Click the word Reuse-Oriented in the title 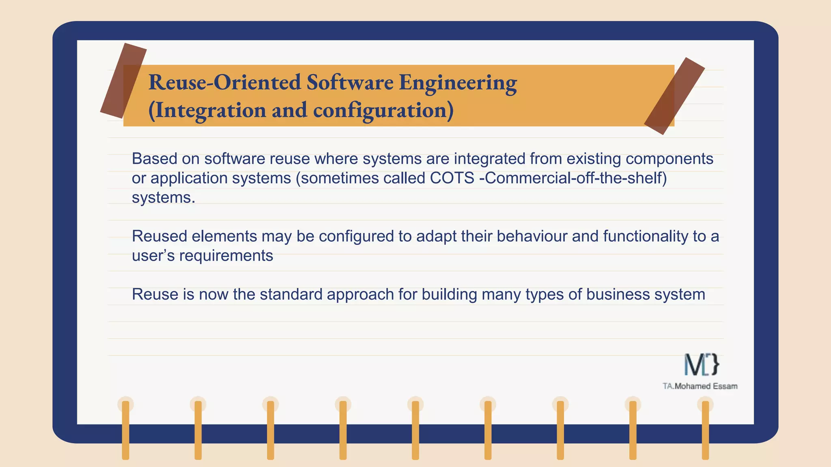[x=225, y=82]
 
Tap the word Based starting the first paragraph [x=155, y=159]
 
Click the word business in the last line [x=618, y=294]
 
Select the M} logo [x=702, y=364]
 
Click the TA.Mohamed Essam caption [x=700, y=386]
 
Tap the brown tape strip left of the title [x=123, y=81]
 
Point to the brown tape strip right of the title [x=674, y=96]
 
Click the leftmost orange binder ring [x=126, y=430]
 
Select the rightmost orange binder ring [x=705, y=430]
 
